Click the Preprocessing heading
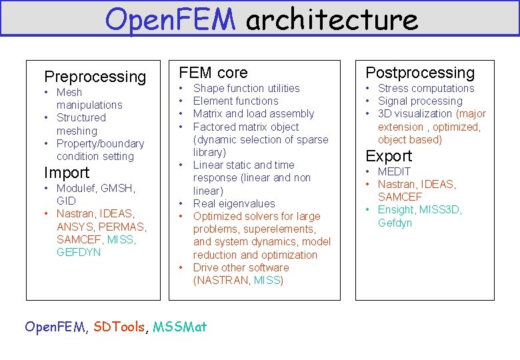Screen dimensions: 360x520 (x=95, y=77)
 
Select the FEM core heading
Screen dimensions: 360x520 (x=213, y=73)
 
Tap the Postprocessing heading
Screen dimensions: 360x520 (x=420, y=73)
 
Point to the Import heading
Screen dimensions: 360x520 (x=66, y=173)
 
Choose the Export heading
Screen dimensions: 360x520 (x=389, y=156)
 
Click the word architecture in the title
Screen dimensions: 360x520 (x=331, y=19)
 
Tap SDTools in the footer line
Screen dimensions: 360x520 (x=119, y=327)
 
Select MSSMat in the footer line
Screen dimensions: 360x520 (x=180, y=327)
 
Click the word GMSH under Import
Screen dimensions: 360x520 (x=120, y=189)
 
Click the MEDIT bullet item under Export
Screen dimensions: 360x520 (x=394, y=171)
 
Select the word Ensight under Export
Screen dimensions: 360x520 (x=395, y=210)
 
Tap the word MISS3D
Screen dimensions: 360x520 (x=440, y=210)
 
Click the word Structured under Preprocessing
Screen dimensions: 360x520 (x=81, y=118)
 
